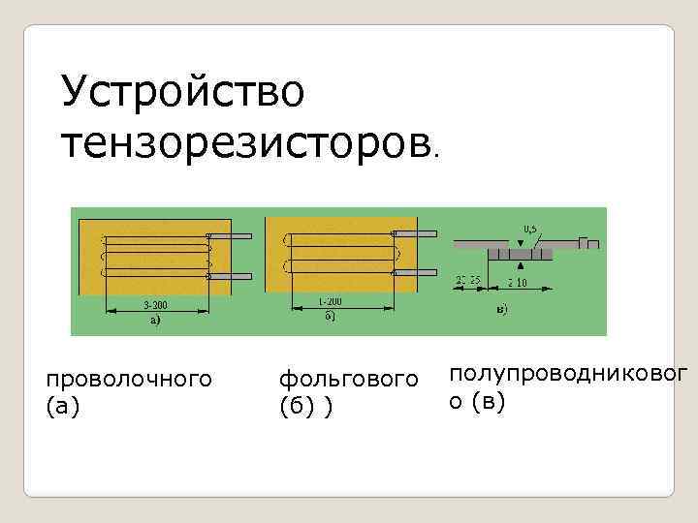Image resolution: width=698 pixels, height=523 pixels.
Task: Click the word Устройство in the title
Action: click(182, 92)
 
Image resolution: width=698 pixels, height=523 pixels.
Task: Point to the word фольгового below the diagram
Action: click(348, 375)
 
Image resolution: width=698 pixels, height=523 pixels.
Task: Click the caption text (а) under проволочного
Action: click(63, 407)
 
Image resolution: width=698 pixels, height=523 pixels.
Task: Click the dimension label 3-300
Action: click(156, 303)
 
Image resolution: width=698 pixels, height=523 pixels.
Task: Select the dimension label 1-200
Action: click(331, 301)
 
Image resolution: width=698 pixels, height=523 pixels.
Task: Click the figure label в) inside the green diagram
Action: click(500, 310)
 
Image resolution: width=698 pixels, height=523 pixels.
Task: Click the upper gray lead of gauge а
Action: click(231, 236)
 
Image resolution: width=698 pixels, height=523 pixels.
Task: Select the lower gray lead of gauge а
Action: click(231, 276)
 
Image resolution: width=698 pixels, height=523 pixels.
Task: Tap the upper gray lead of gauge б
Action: click(415, 234)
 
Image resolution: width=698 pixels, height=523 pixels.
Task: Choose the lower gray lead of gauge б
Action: click(415, 274)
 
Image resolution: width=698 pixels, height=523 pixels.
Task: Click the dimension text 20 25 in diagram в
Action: click(469, 280)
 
